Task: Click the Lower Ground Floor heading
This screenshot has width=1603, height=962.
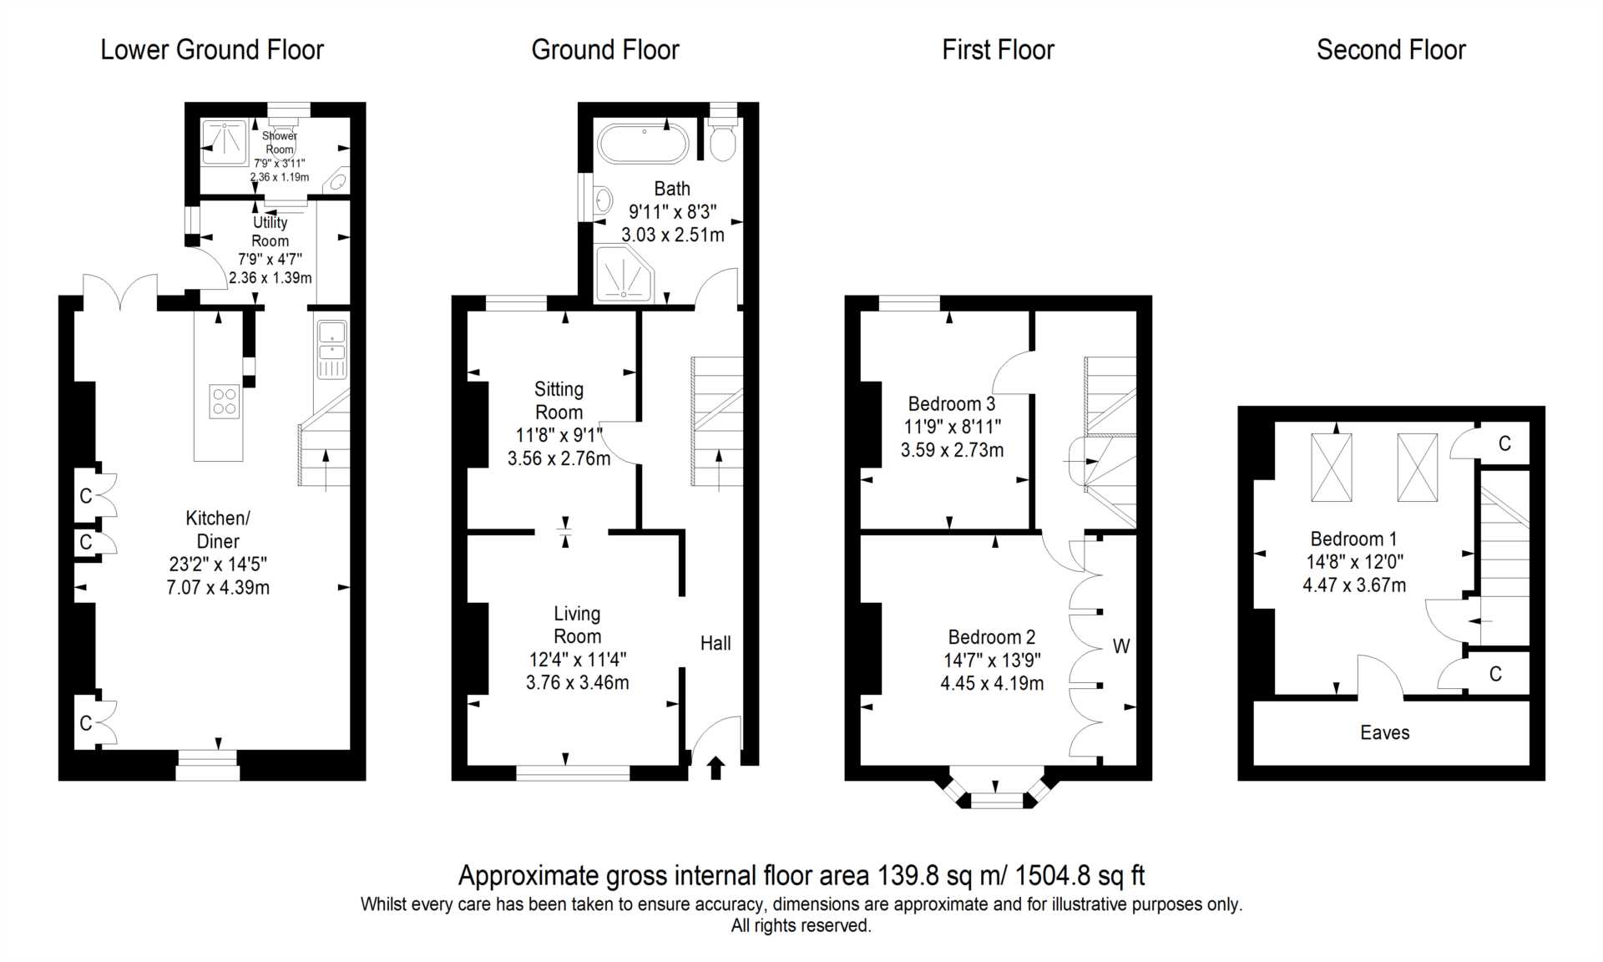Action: click(212, 50)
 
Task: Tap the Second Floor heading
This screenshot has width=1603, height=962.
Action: click(1391, 50)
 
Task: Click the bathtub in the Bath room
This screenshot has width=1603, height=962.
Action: click(643, 144)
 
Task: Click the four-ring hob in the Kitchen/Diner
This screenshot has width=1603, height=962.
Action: click(225, 401)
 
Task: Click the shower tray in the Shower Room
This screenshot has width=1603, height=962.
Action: click(225, 143)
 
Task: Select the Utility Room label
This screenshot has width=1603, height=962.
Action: click(270, 231)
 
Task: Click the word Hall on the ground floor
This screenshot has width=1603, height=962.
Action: click(716, 643)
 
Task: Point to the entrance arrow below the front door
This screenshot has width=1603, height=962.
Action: click(716, 767)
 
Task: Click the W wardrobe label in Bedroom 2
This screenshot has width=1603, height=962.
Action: click(1121, 646)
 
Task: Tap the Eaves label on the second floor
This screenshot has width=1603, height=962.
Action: click(1384, 732)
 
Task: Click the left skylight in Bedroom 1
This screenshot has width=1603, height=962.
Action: click(1332, 468)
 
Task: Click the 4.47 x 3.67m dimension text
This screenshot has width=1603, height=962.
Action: click(1354, 585)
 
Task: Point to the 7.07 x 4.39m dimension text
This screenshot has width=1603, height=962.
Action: click(218, 587)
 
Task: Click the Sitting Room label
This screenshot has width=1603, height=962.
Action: click(559, 401)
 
